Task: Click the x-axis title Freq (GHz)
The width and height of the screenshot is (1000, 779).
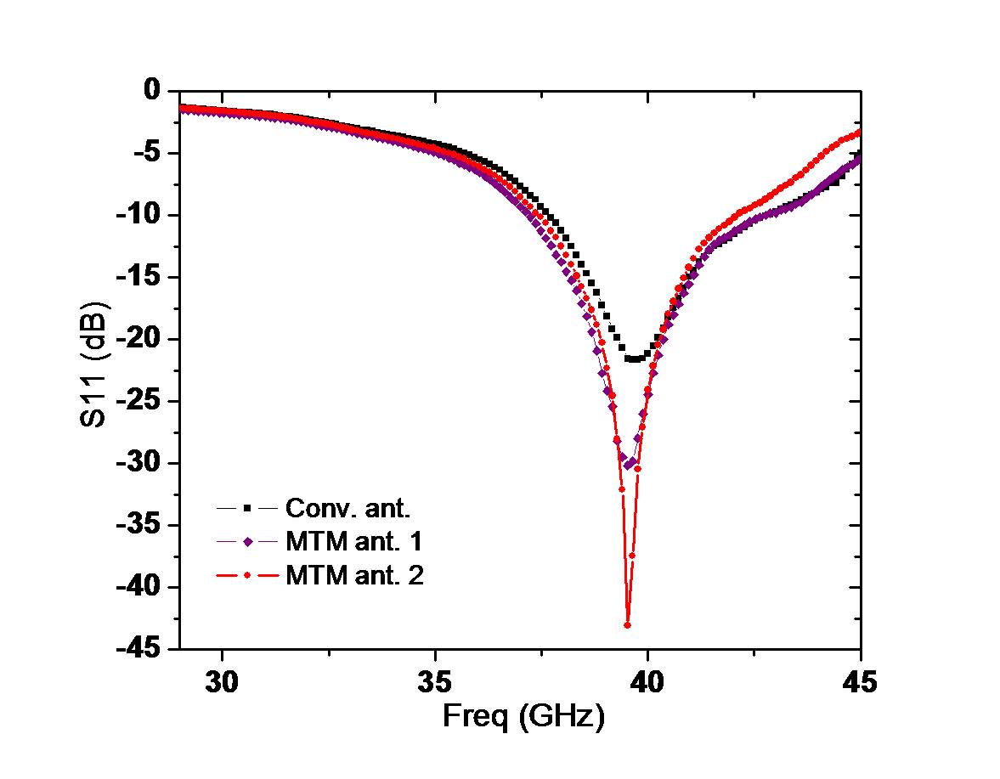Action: (523, 718)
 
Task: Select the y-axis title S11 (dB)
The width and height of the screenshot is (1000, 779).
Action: (96, 363)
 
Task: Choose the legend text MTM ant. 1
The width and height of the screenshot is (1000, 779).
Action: (354, 542)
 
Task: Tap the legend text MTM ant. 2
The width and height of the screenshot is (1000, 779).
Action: (354, 576)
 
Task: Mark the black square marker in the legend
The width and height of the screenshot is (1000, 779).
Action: (247, 508)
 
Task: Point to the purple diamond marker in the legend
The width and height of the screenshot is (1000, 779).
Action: (247, 542)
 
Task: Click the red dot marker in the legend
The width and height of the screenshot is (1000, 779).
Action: (247, 576)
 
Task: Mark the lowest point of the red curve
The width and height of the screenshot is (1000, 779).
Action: (627, 625)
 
